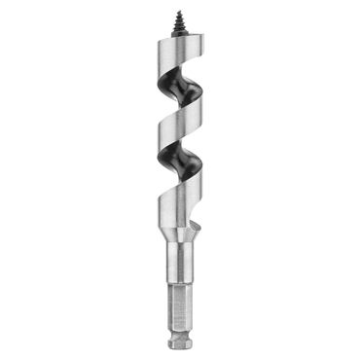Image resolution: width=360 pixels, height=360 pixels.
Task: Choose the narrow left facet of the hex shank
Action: [x=170, y=311]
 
